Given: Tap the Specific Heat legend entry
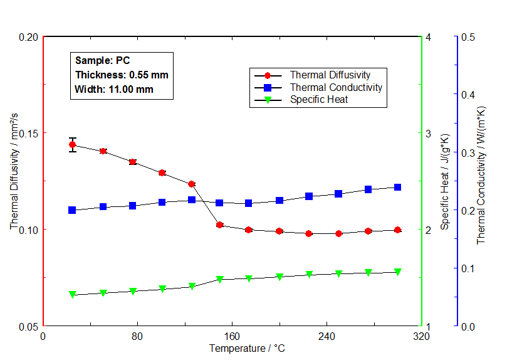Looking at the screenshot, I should click(318, 99).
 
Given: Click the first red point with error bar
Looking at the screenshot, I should click(72, 145).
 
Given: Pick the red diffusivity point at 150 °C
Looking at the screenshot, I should click(220, 225).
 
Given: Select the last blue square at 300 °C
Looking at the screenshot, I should click(397, 187).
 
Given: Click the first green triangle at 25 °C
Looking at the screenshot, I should click(72, 294).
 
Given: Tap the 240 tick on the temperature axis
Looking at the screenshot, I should click(326, 336).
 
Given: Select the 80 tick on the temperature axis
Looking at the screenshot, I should click(137, 336).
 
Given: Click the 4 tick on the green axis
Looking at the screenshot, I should click(428, 37).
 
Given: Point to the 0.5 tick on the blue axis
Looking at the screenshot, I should click(468, 37).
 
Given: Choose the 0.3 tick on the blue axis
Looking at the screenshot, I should click(468, 152).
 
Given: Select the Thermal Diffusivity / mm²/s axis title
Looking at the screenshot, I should click(14, 181).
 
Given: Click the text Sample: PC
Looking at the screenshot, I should click(102, 61).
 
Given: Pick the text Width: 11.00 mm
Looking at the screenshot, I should click(114, 89).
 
